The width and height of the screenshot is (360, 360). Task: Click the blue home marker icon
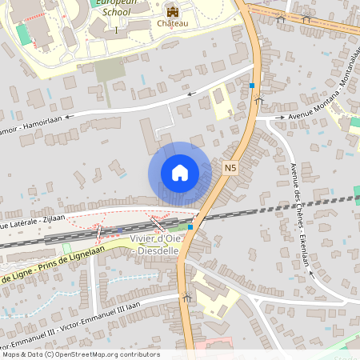coord(180,173)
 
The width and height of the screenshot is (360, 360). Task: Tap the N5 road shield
coord(230,168)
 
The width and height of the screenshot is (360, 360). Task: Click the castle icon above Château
coord(172,10)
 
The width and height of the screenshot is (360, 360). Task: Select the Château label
coord(172,24)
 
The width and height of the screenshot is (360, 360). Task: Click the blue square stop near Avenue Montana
coord(252,86)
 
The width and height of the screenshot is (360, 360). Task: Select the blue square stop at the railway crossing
coord(190,227)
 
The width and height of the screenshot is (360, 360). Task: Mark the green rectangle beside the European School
coord(24,34)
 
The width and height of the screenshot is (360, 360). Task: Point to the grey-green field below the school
coord(109,71)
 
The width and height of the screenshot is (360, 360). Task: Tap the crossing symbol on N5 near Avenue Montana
coord(258,101)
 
